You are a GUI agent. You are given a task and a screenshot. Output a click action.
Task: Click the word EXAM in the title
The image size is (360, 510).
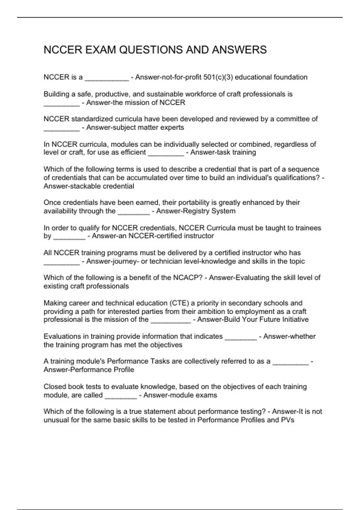tap(100, 50)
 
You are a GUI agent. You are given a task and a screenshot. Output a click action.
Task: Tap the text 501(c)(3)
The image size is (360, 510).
tap(218, 77)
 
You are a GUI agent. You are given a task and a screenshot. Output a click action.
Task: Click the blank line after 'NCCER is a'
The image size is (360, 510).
tap(107, 79)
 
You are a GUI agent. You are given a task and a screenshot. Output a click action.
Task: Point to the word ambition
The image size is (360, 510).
tap(221, 311)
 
